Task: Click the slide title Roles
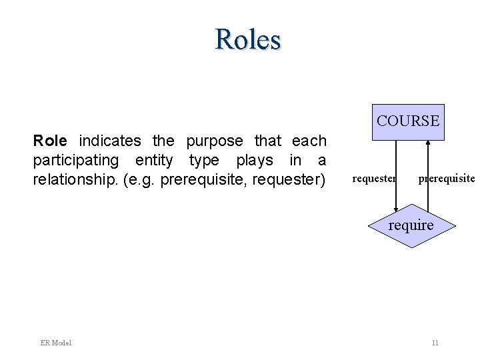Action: pos(248,39)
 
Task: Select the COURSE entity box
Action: pos(408,122)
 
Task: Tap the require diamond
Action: pos(411,226)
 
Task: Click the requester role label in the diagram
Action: pos(374,179)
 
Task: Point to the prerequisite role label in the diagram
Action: pos(446,179)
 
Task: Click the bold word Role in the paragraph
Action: pos(50,141)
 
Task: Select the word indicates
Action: pos(110,141)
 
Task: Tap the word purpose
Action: pos(215,141)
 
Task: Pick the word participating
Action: pos(76,161)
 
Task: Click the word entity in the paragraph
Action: pos(153,161)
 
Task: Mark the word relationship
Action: pos(75,180)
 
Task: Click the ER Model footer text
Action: pos(55,343)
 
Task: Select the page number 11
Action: pos(435,343)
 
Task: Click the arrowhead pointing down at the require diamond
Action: pos(396,209)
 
